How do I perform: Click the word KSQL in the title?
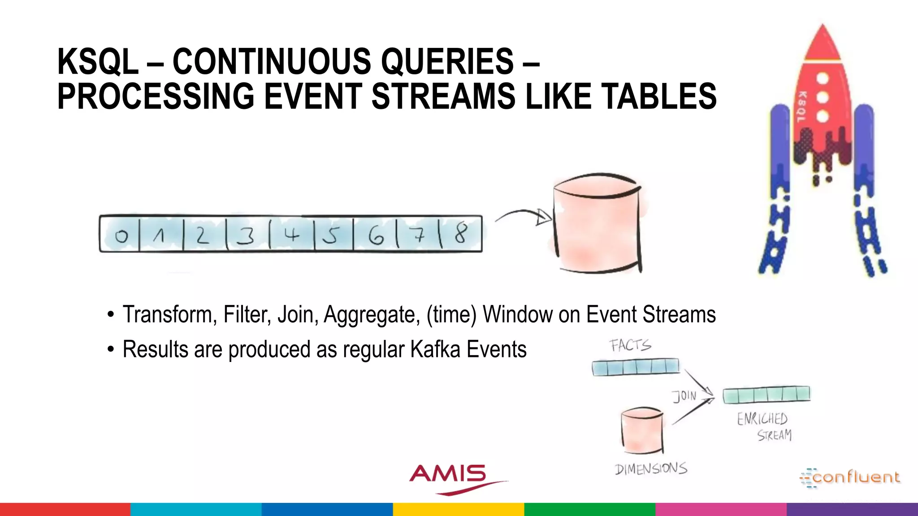click(x=98, y=62)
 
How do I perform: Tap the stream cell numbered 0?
click(x=120, y=235)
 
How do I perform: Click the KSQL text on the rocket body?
click(x=801, y=107)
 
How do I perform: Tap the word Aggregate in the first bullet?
click(x=372, y=314)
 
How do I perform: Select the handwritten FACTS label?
click(x=630, y=345)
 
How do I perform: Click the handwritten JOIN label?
click(x=684, y=396)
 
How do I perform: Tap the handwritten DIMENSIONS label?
click(x=651, y=469)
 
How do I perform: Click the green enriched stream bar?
click(x=766, y=395)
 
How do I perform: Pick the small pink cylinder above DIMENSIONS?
click(x=642, y=430)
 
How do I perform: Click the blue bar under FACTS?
click(x=636, y=367)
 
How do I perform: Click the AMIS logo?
click(x=448, y=476)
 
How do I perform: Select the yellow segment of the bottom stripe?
click(x=458, y=509)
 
